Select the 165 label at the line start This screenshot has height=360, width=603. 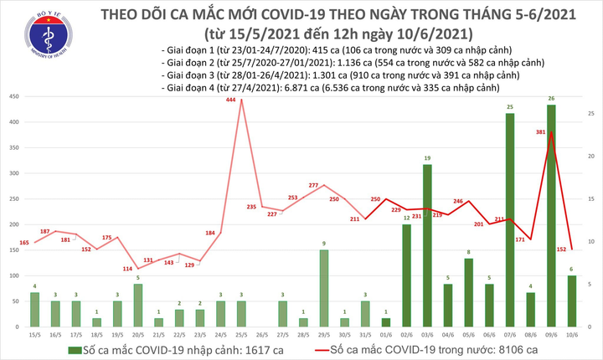[23, 243]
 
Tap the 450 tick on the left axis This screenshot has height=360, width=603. [16, 97]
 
